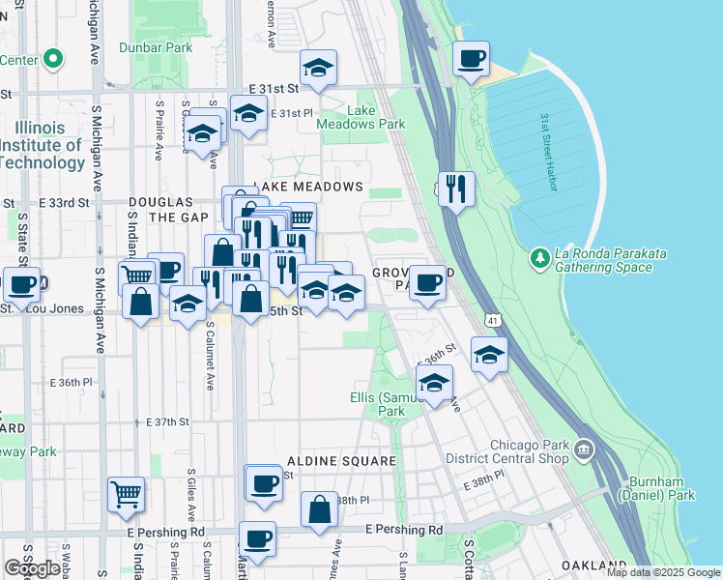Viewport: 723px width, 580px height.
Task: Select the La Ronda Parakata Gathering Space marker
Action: (538, 259)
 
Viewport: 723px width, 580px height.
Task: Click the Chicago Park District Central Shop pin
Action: (584, 449)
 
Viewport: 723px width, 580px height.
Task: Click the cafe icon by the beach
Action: (472, 61)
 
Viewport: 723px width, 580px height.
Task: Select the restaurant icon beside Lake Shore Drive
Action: (455, 188)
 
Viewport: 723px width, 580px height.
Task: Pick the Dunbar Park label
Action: (156, 46)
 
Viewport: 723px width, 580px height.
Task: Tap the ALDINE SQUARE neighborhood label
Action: (340, 462)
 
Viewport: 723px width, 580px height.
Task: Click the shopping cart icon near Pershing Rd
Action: (126, 496)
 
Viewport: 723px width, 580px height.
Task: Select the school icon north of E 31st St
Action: (318, 69)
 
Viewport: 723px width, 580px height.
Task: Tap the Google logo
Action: (32, 567)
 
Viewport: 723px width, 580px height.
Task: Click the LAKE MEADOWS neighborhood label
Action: (308, 186)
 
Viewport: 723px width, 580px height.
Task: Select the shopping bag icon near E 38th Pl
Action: (319, 510)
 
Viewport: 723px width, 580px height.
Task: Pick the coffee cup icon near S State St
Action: (22, 285)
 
